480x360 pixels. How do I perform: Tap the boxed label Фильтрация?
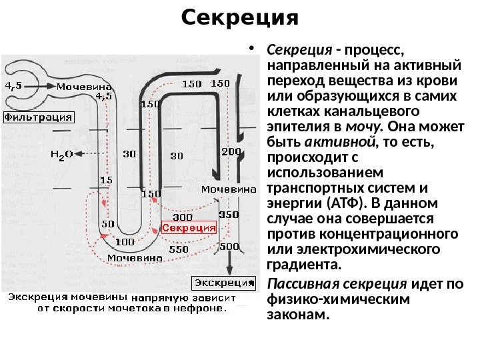pyautogui.click(x=39, y=117)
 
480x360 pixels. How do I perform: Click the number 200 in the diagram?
pyautogui.click(x=231, y=152)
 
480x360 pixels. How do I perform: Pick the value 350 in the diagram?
pyautogui.click(x=229, y=215)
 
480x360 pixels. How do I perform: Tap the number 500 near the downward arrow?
pyautogui.click(x=229, y=247)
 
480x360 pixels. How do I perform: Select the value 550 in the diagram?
pyautogui.click(x=178, y=248)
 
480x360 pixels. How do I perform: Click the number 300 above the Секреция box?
pyautogui.click(x=183, y=217)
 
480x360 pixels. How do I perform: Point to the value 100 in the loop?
pyautogui.click(x=125, y=241)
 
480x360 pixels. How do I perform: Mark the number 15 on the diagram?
pyautogui.click(x=105, y=180)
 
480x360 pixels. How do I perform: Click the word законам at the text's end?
pyautogui.click(x=298, y=315)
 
